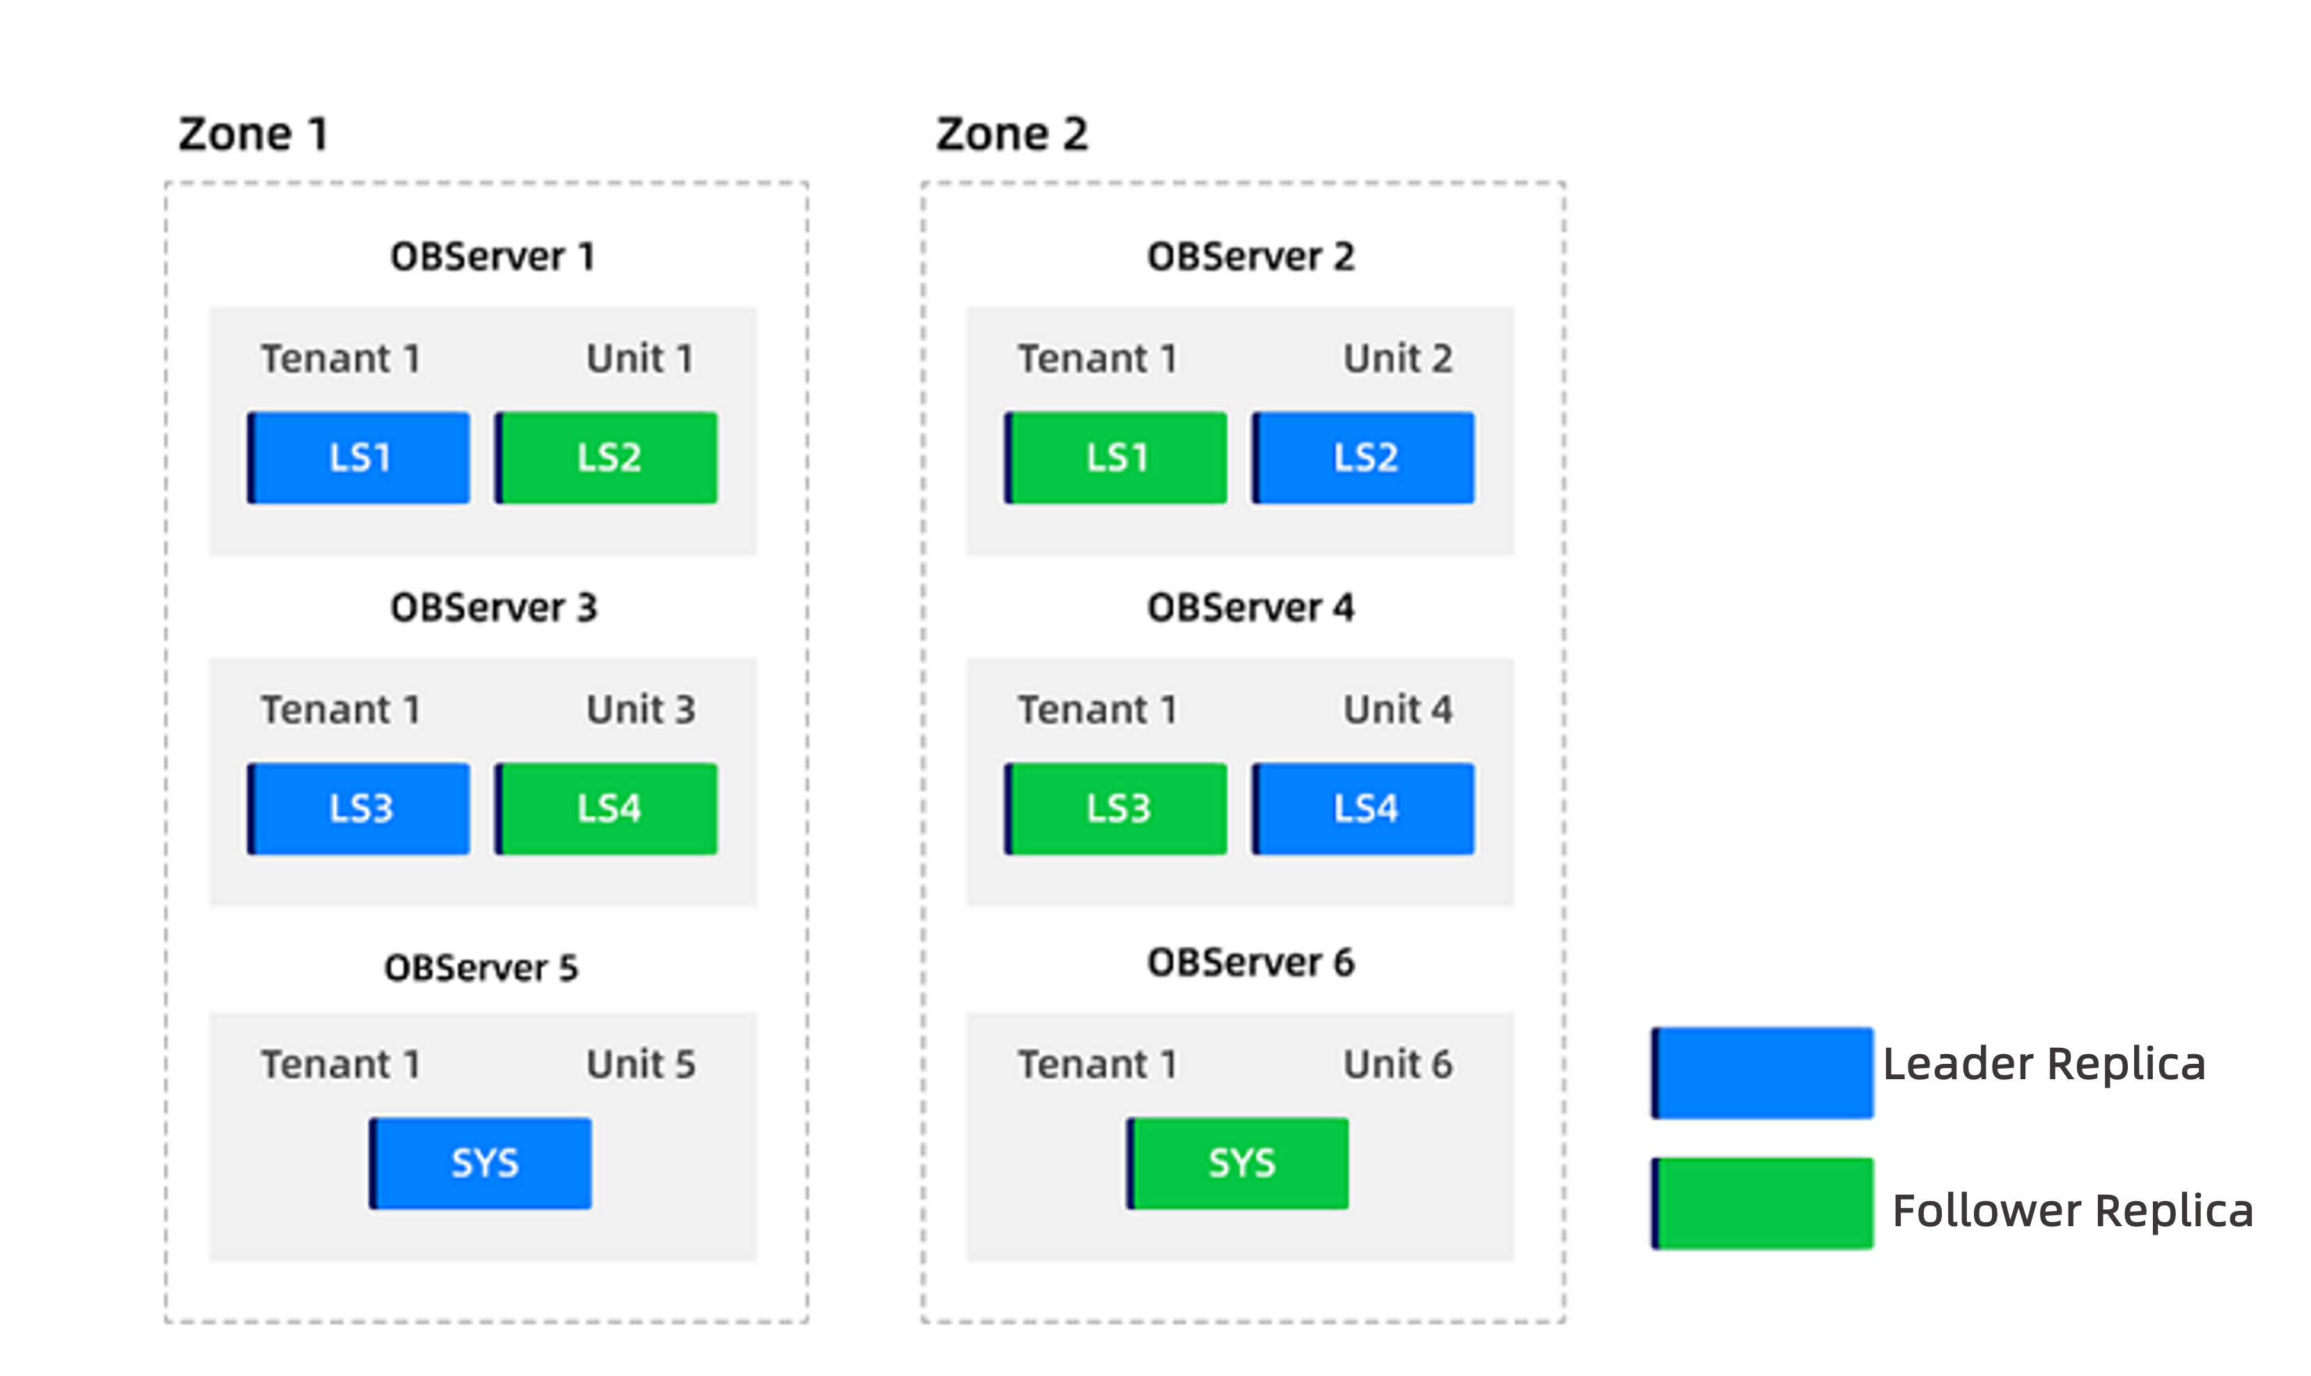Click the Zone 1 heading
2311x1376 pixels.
(253, 134)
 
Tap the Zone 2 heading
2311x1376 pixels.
(1011, 134)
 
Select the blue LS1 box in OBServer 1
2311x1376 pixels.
(359, 458)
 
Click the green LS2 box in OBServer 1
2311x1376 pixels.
(606, 458)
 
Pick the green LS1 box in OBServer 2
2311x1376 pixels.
(1116, 458)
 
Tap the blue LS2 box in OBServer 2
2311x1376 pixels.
(1364, 458)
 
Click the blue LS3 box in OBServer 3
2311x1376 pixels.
(359, 809)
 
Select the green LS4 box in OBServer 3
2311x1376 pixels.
(606, 809)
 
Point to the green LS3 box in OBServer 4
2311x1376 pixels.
(1116, 809)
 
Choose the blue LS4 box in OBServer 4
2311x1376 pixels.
(1364, 809)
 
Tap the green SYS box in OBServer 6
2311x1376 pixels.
(1238, 1163)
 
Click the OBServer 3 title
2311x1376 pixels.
(493, 608)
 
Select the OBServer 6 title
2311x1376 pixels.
(1250, 962)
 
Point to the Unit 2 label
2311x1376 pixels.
(1398, 359)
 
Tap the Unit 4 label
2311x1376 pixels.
(1398, 710)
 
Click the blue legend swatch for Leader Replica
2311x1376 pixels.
(1762, 1073)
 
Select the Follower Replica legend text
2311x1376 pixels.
(2073, 1211)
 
